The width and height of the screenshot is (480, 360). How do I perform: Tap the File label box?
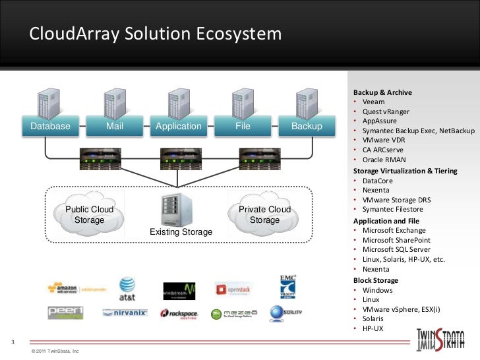point(243,127)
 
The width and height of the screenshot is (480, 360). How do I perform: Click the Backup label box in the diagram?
point(307,127)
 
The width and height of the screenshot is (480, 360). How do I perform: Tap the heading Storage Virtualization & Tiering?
point(405,171)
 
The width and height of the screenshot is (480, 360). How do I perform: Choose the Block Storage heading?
point(373,280)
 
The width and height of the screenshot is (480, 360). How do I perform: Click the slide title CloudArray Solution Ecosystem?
point(155,34)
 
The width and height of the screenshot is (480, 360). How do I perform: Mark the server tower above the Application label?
point(177,104)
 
